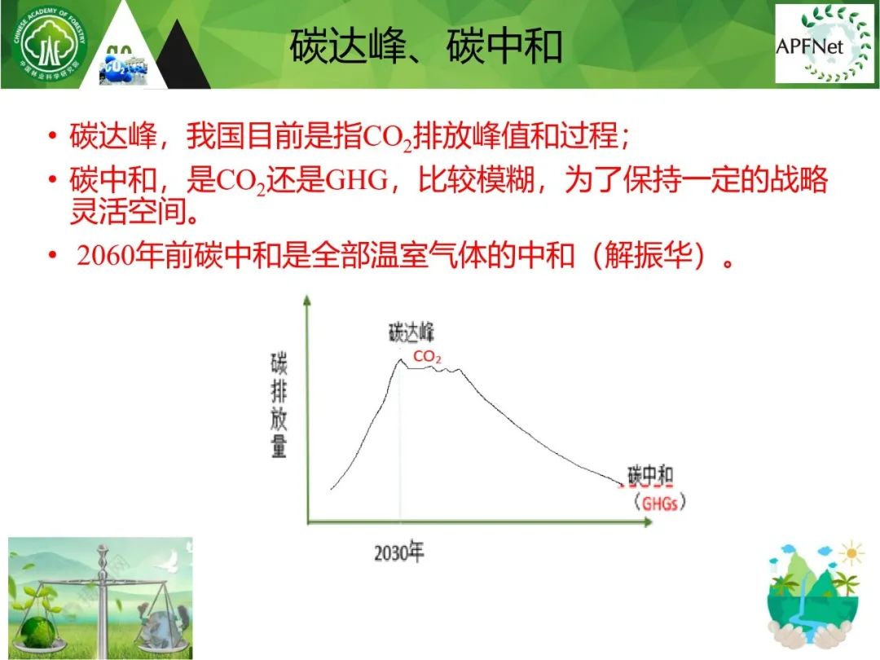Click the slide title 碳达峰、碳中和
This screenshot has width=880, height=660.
[426, 46]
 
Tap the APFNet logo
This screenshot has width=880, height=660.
[823, 44]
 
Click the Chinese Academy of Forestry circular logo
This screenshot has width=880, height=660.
[50, 44]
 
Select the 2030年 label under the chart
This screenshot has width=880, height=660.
[399, 552]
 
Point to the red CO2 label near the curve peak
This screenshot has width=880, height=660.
[427, 356]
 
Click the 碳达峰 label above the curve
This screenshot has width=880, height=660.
[411, 332]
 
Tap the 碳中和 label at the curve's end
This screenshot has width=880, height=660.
[650, 476]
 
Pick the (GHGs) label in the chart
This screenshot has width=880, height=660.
[659, 502]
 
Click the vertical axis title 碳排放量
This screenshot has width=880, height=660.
[279, 405]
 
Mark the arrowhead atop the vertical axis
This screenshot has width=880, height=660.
[306, 300]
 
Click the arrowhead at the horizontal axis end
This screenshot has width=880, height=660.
[648, 522]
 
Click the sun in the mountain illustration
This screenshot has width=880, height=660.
[851, 553]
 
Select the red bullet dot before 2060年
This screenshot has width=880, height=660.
[52, 255]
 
